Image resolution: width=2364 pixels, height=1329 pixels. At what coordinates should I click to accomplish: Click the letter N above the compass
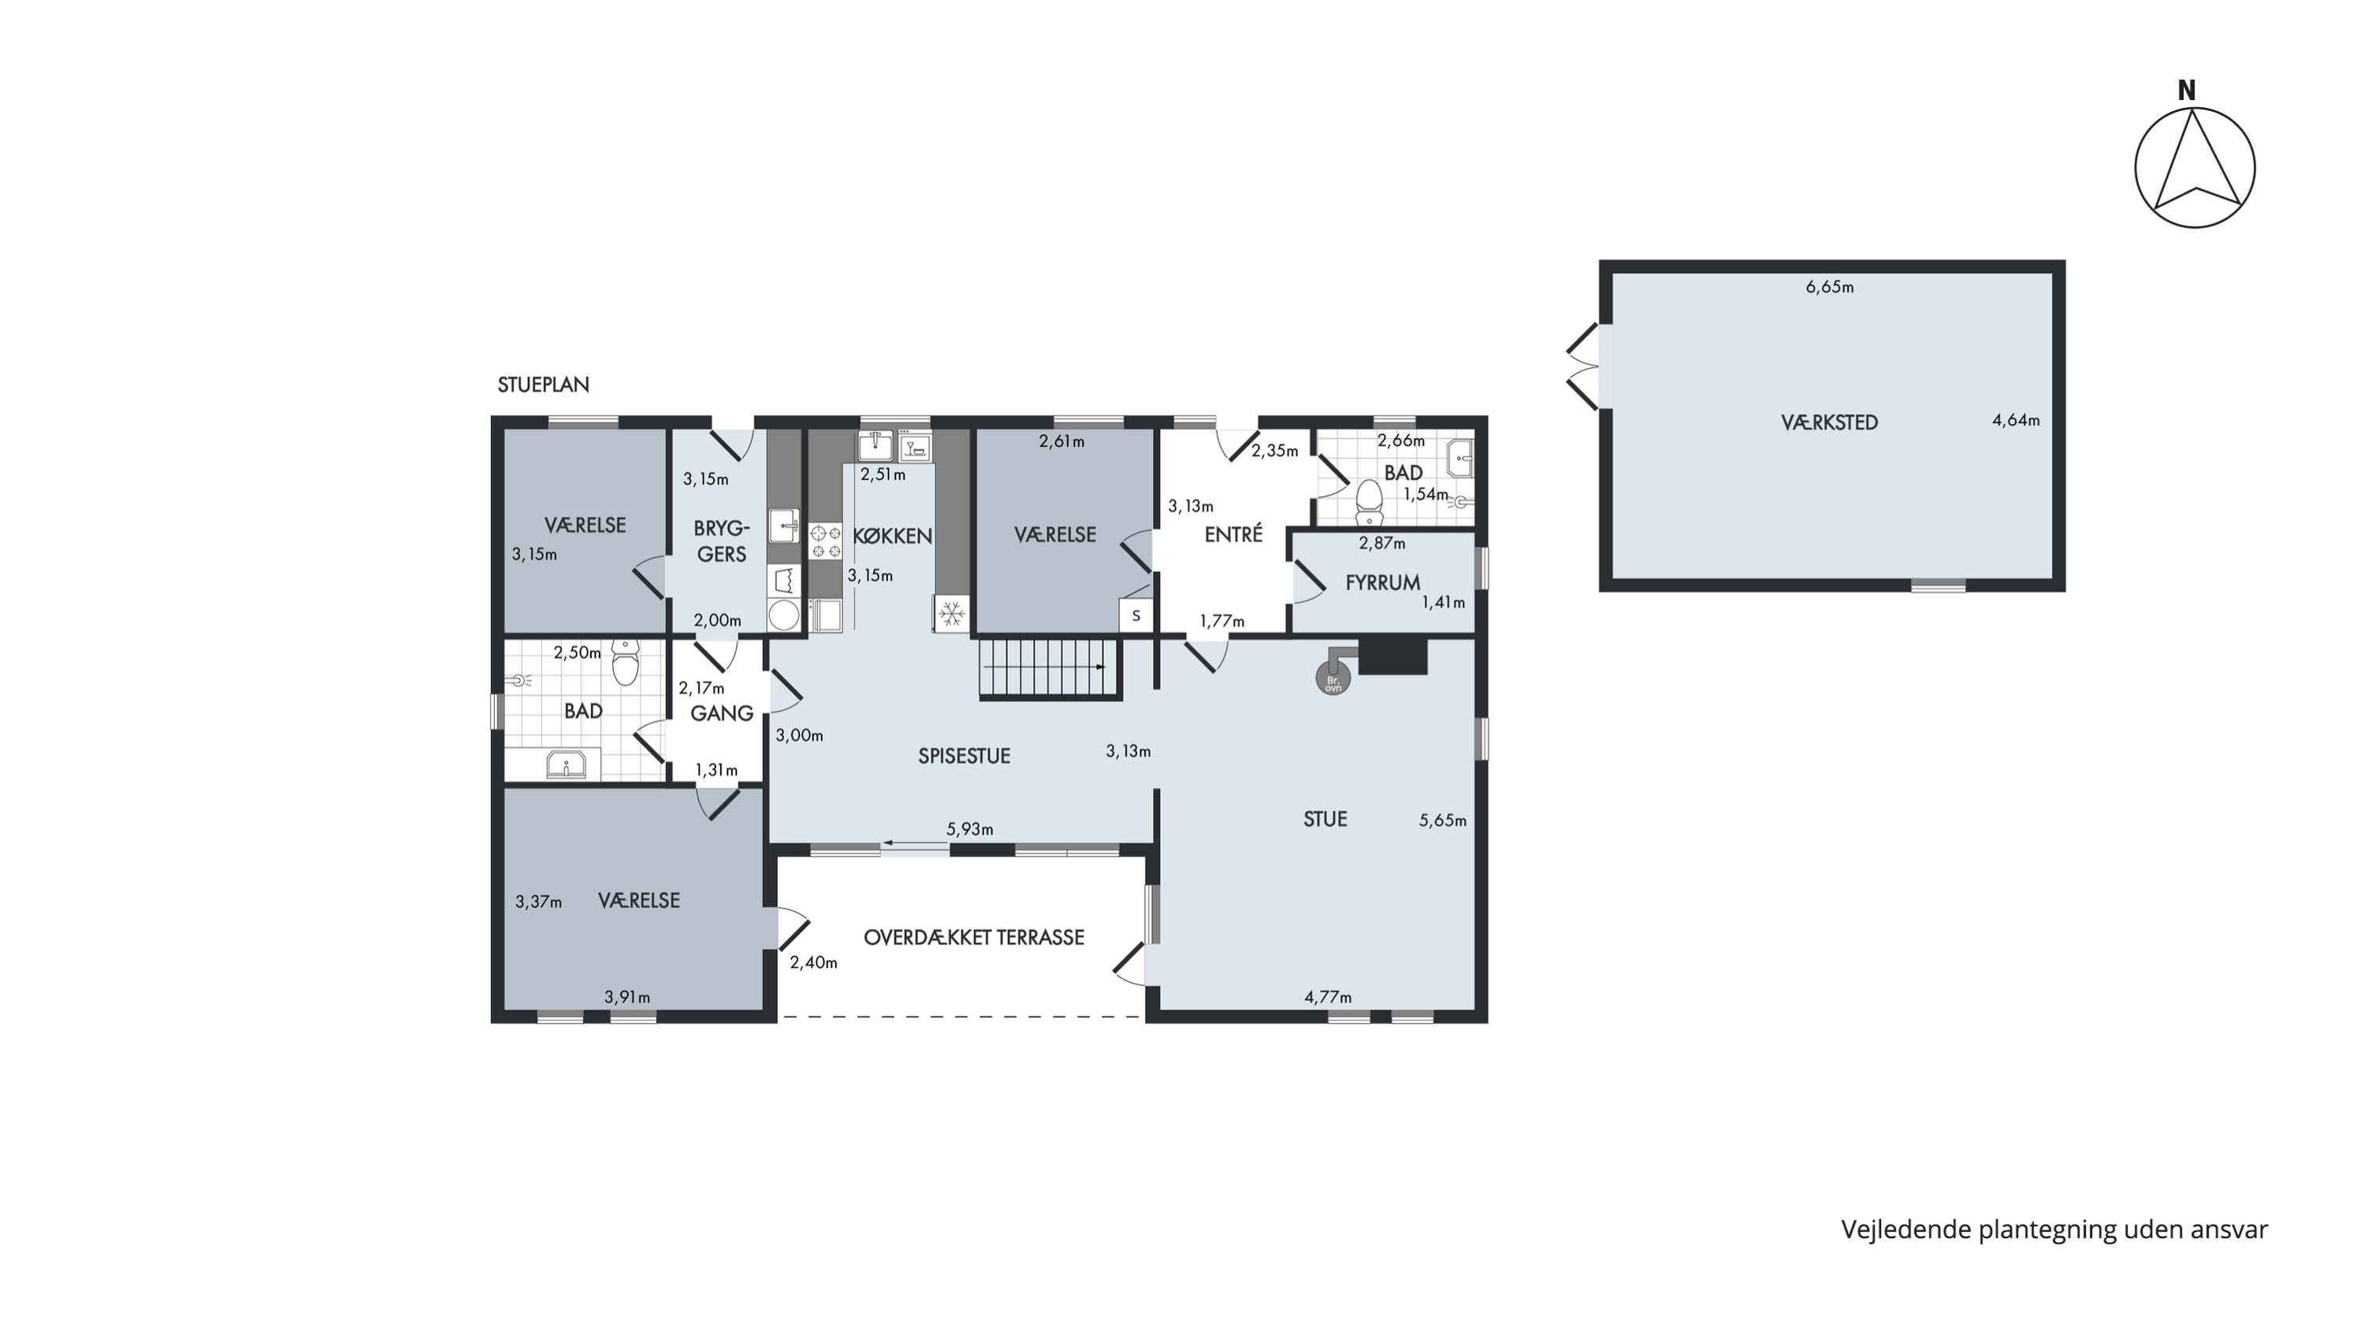[2187, 91]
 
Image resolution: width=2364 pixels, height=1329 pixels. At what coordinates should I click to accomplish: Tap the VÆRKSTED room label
[1829, 423]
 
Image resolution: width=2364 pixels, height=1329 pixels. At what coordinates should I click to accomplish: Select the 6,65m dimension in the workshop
[1830, 287]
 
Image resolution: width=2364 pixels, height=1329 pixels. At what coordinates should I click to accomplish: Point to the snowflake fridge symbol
[952, 613]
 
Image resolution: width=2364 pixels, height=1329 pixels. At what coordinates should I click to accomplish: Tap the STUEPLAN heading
[543, 385]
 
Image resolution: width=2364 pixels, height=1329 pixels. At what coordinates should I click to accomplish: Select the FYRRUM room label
[1383, 583]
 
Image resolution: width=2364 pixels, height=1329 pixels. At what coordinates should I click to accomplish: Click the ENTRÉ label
[1233, 534]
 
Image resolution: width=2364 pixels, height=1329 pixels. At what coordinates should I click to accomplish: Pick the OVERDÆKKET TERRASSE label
[974, 937]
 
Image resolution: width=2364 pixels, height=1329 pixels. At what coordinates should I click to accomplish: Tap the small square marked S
[1136, 616]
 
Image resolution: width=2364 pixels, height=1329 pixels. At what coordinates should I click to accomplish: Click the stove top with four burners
[825, 541]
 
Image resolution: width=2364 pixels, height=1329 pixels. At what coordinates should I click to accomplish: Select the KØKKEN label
[892, 536]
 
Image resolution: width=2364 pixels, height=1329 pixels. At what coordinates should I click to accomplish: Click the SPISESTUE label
[964, 755]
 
